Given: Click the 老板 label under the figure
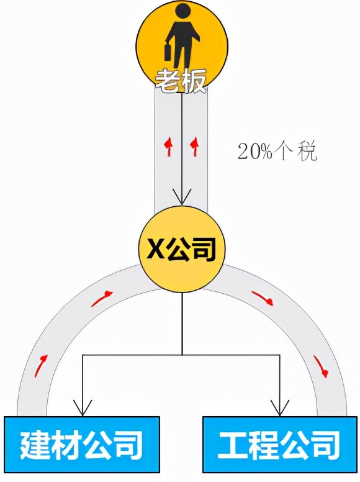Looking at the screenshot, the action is coord(180,81).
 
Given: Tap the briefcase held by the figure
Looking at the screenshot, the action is coord(168,52).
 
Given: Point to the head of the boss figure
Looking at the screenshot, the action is coord(182,13).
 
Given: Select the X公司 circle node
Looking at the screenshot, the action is coord(182,250).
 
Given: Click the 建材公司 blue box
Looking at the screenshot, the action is coord(82,445).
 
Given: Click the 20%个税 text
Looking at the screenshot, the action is coord(277,151).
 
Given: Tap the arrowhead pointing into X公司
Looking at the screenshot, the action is coord(182,197).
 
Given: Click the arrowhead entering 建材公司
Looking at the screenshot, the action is coord(83,407).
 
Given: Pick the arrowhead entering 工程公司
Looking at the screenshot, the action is coord(279,407).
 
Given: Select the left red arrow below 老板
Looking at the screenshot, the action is coord(168,147).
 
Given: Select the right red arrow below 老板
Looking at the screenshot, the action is coord(195,147).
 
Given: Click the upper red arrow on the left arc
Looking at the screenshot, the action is coord(102,298).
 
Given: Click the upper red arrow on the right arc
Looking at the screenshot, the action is coord(263,298).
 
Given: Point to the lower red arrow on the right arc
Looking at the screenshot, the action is coord(321,366).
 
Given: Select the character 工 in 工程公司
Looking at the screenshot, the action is coord(233,445).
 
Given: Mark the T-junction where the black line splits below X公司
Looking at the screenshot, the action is coord(182,355).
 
